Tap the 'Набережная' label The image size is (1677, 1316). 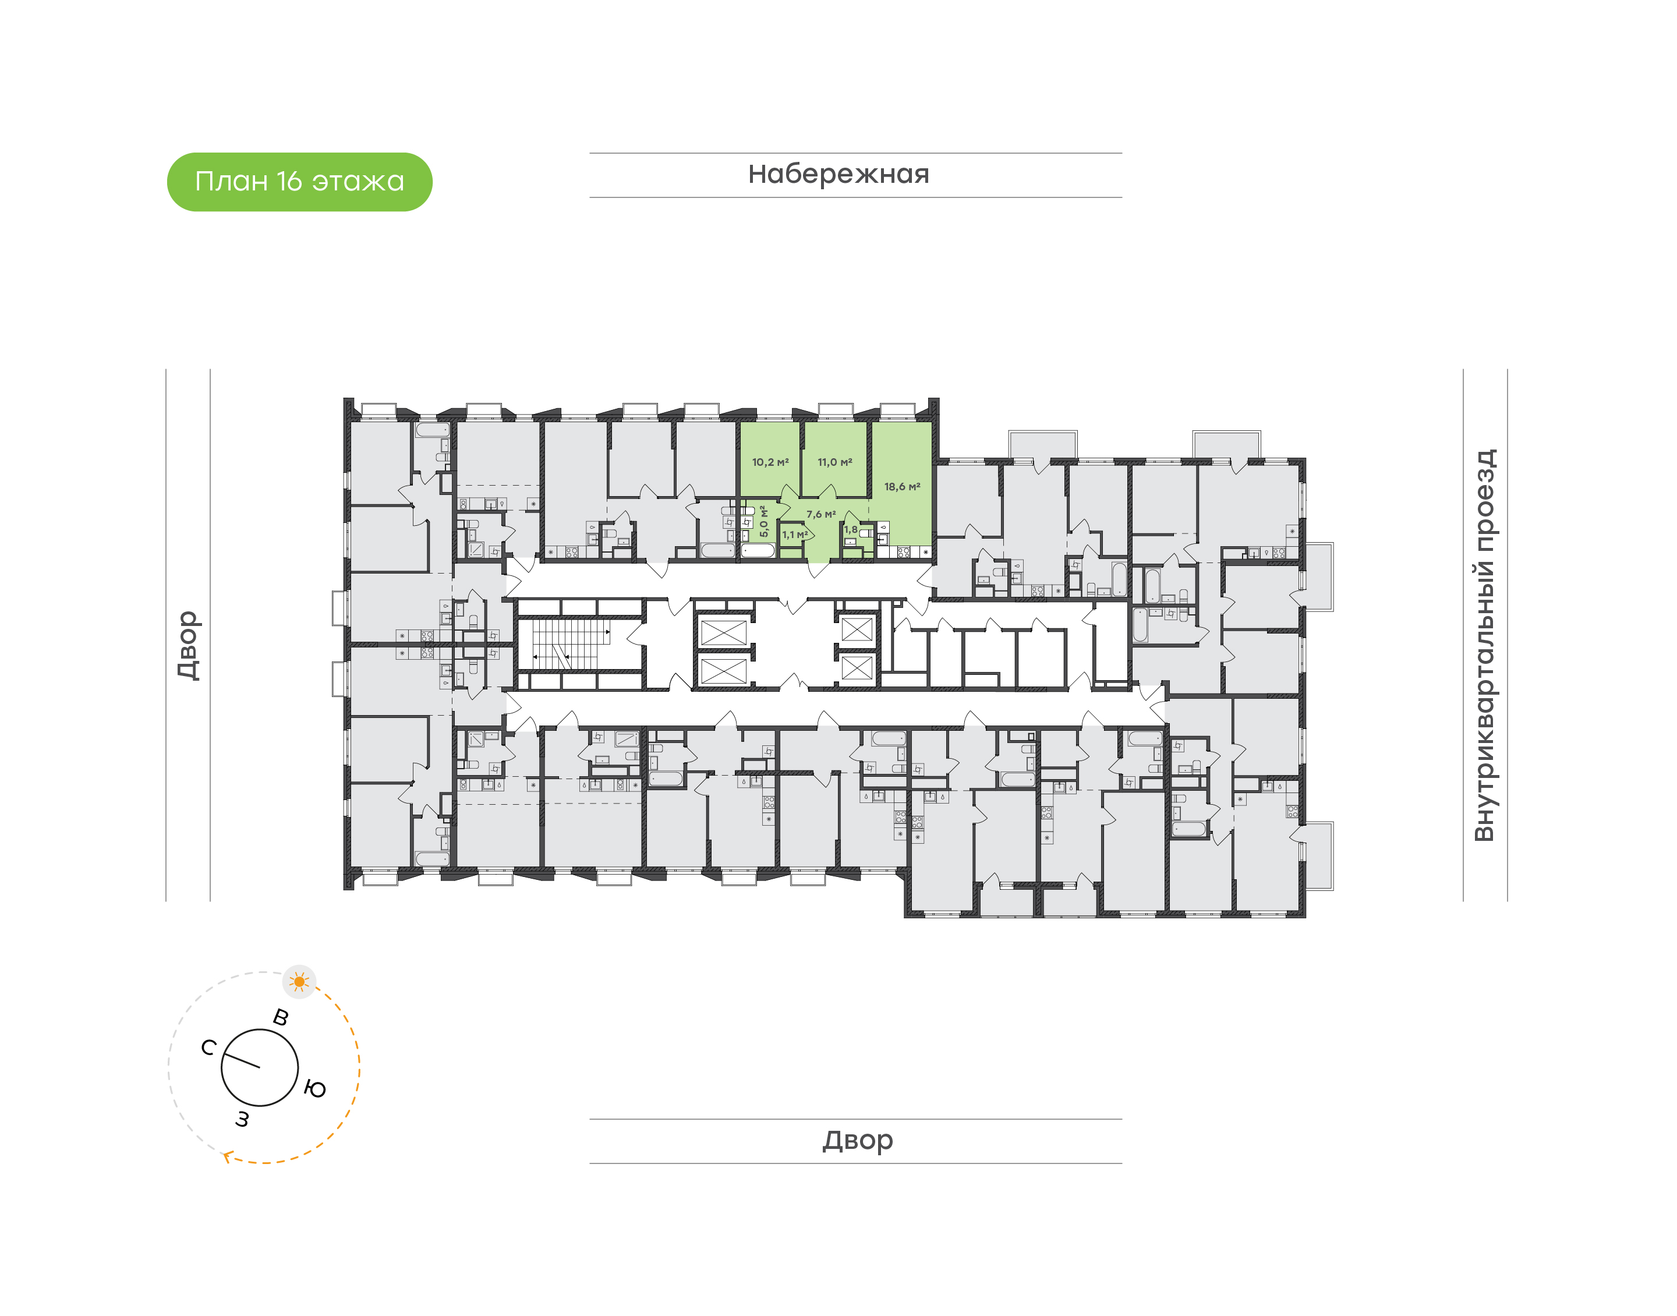click(x=838, y=174)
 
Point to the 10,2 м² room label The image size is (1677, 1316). click(x=770, y=462)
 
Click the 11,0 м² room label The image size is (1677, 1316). click(x=834, y=462)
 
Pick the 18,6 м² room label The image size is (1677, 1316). click(x=901, y=487)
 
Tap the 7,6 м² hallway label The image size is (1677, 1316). click(x=820, y=514)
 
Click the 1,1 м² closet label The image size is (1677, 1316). click(x=794, y=534)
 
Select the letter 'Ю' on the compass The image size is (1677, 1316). click(x=315, y=1089)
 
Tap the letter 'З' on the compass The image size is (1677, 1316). click(x=242, y=1119)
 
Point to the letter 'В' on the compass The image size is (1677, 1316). click(x=281, y=1017)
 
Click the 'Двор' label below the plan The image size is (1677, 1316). click(x=857, y=1140)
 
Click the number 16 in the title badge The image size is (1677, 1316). click(x=289, y=182)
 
